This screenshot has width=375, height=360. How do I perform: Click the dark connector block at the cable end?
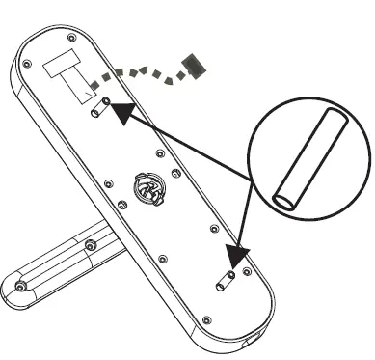click(x=195, y=65)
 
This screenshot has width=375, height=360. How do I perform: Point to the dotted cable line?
click(x=145, y=72)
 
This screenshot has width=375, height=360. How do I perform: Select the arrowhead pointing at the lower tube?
click(x=235, y=256)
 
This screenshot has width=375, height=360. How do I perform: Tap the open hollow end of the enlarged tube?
click(x=285, y=201)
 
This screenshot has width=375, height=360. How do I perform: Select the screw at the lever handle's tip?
click(x=20, y=287)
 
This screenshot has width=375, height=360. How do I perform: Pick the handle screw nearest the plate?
click(x=92, y=242)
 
